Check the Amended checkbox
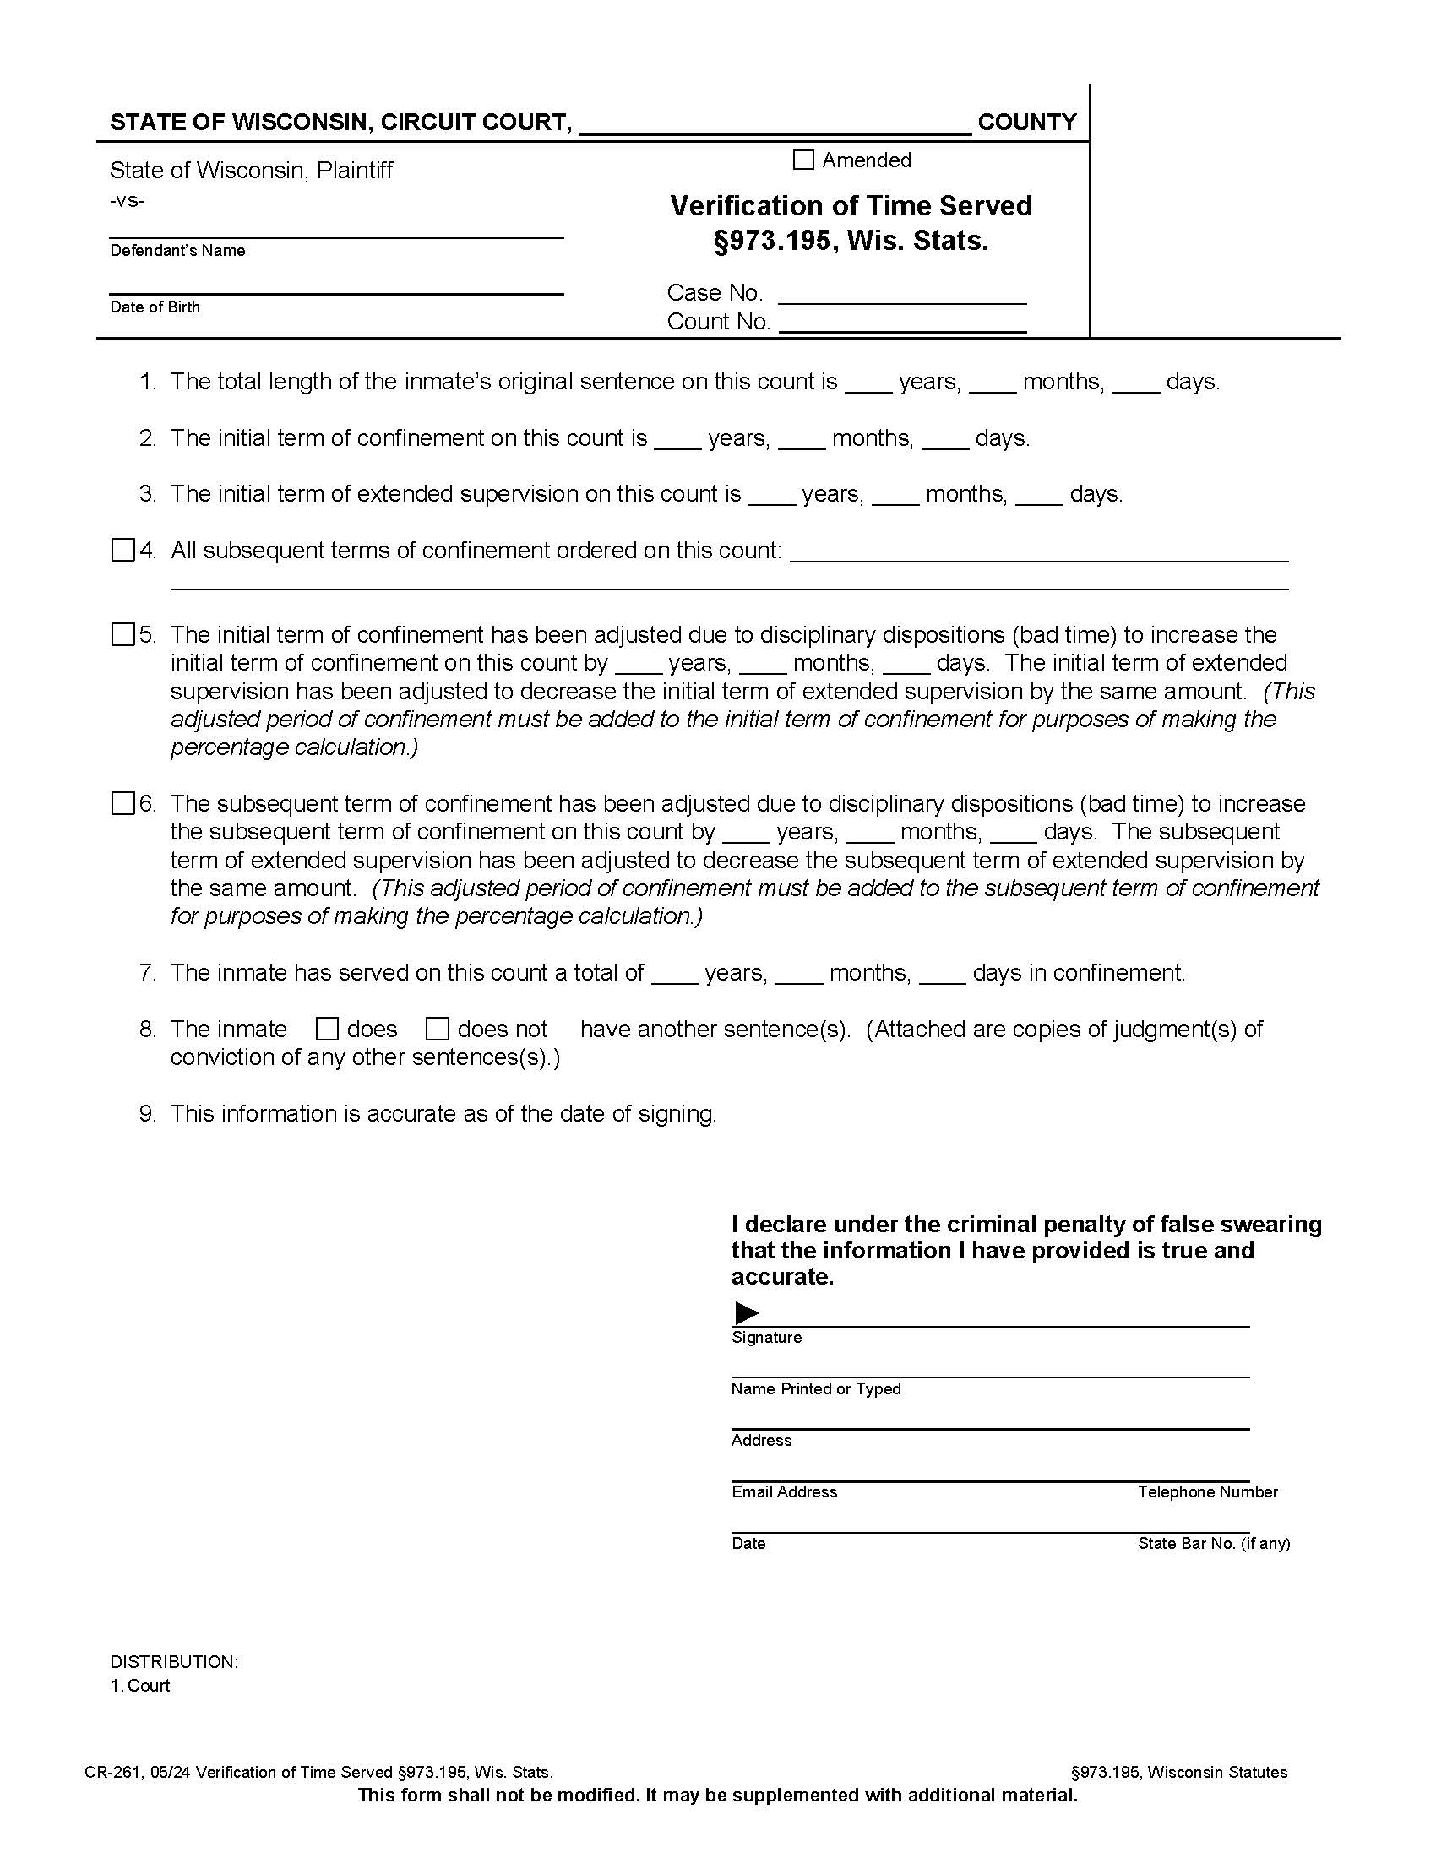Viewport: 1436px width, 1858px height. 803,160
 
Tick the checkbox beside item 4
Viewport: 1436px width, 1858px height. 123,551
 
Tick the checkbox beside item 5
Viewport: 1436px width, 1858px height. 123,634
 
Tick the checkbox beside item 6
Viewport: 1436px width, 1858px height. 123,803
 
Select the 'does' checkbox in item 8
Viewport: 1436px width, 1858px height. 328,1030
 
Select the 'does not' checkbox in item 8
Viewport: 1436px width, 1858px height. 438,1030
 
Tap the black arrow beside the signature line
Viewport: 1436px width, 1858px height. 746,1312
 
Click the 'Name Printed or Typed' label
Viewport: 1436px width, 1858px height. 815,1388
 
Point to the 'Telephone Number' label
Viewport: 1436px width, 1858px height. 1207,1491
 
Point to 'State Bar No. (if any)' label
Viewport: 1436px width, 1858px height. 1213,1543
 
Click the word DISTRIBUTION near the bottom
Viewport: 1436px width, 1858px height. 173,1661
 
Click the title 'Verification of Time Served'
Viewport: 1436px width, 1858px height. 851,206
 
